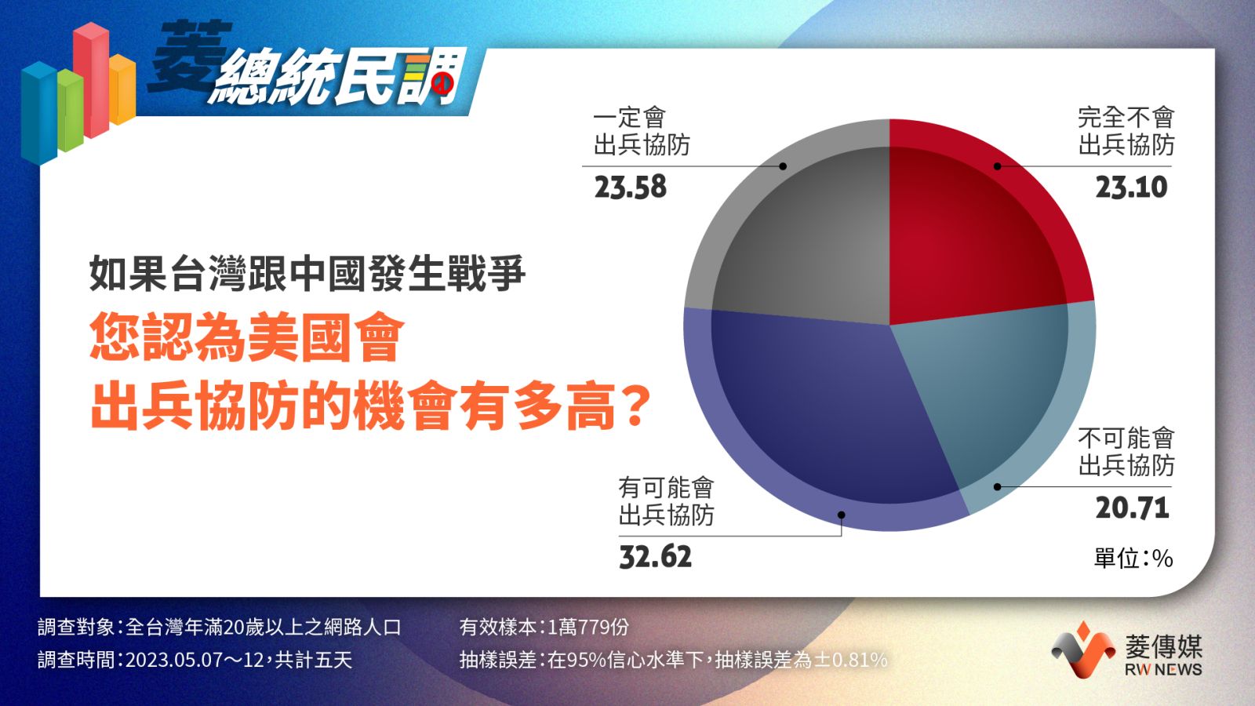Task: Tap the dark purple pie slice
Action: (824, 415)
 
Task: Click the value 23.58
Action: (631, 187)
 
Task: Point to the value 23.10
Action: (1131, 187)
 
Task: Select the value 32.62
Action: (655, 557)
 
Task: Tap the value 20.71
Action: (1132, 508)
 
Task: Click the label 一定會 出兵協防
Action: (642, 132)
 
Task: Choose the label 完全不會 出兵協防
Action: (1126, 132)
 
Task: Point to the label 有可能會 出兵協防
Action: (666, 501)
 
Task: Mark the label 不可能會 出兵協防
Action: (1126, 452)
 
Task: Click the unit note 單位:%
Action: (1133, 558)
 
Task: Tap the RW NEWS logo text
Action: (1163, 670)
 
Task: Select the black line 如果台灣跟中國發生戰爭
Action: (307, 274)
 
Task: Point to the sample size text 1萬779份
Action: (587, 627)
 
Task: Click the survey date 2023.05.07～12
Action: (195, 660)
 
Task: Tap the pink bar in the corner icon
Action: (91, 79)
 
